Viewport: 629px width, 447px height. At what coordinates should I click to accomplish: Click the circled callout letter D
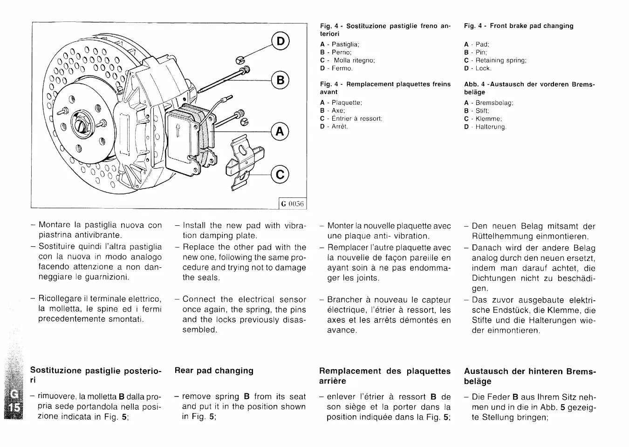point(280,41)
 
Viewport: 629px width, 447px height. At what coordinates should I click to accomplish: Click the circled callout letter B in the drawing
point(280,80)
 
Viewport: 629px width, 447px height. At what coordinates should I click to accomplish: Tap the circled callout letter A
point(280,132)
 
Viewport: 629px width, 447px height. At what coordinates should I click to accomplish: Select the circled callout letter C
point(280,174)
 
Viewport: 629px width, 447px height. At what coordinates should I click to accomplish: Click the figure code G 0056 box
point(292,204)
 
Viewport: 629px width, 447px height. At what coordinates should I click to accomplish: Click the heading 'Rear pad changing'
point(214,371)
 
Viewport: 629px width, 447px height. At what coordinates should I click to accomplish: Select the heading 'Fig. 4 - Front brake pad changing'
point(519,26)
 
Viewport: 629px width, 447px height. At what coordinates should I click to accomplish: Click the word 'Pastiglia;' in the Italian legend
point(345,45)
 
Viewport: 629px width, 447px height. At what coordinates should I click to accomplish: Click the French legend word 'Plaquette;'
point(347,103)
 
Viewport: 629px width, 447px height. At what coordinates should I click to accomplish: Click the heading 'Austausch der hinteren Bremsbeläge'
point(530,376)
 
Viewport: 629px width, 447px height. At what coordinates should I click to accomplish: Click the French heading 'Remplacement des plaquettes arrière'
point(385,376)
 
